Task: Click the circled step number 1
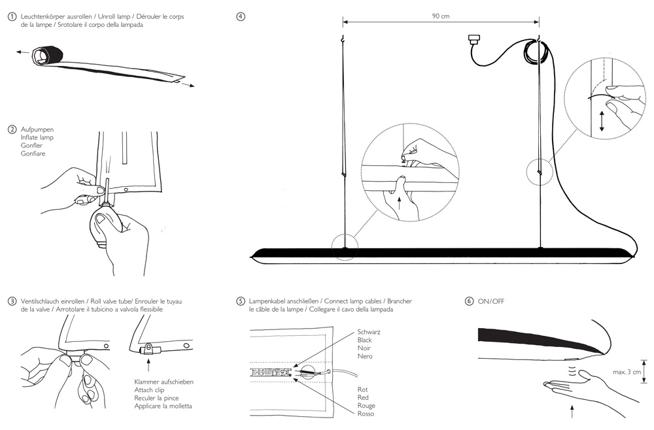pos(12,17)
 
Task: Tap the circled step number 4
pos(241,17)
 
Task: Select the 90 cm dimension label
pos(441,16)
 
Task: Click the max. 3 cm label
pos(627,372)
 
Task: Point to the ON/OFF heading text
pos(491,301)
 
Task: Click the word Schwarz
pos(369,332)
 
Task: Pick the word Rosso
pos(366,414)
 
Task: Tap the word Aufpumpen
pos(37,129)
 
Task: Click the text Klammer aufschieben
pos(164,382)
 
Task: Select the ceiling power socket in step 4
pos(474,41)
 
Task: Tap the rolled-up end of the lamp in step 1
pos(47,55)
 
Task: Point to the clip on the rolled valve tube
pos(148,349)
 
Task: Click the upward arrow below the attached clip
pos(148,366)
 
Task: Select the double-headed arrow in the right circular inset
pos(602,122)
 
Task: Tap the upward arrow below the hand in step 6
pos(572,411)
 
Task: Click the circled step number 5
pos(241,301)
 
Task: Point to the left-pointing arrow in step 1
pos(23,52)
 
